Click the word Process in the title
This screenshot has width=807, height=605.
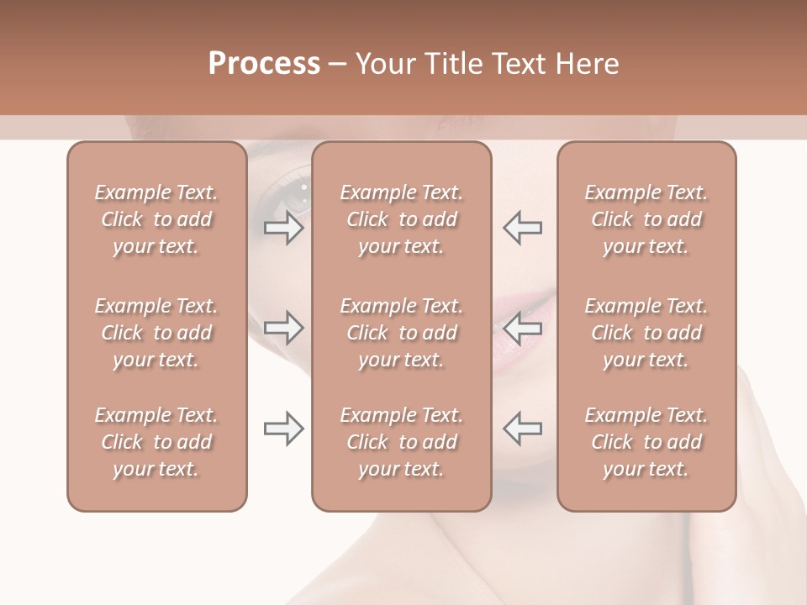coord(264,64)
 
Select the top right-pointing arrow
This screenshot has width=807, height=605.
coord(284,228)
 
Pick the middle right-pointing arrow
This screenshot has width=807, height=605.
coord(284,328)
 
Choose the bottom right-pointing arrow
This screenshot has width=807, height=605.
coord(284,429)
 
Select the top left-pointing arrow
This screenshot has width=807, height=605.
coord(522,228)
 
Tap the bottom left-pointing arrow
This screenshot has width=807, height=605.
coord(522,429)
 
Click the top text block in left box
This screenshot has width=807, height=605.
coord(156,219)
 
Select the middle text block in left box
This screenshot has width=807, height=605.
coord(156,333)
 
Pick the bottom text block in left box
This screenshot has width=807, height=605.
coord(156,442)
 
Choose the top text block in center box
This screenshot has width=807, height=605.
coord(401,219)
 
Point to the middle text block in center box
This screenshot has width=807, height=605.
coord(401,333)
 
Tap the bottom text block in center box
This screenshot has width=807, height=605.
coord(401,442)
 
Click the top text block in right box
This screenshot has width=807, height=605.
coord(646,219)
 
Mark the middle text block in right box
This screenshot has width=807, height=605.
coord(646,333)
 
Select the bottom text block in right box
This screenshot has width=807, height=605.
coord(646,442)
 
